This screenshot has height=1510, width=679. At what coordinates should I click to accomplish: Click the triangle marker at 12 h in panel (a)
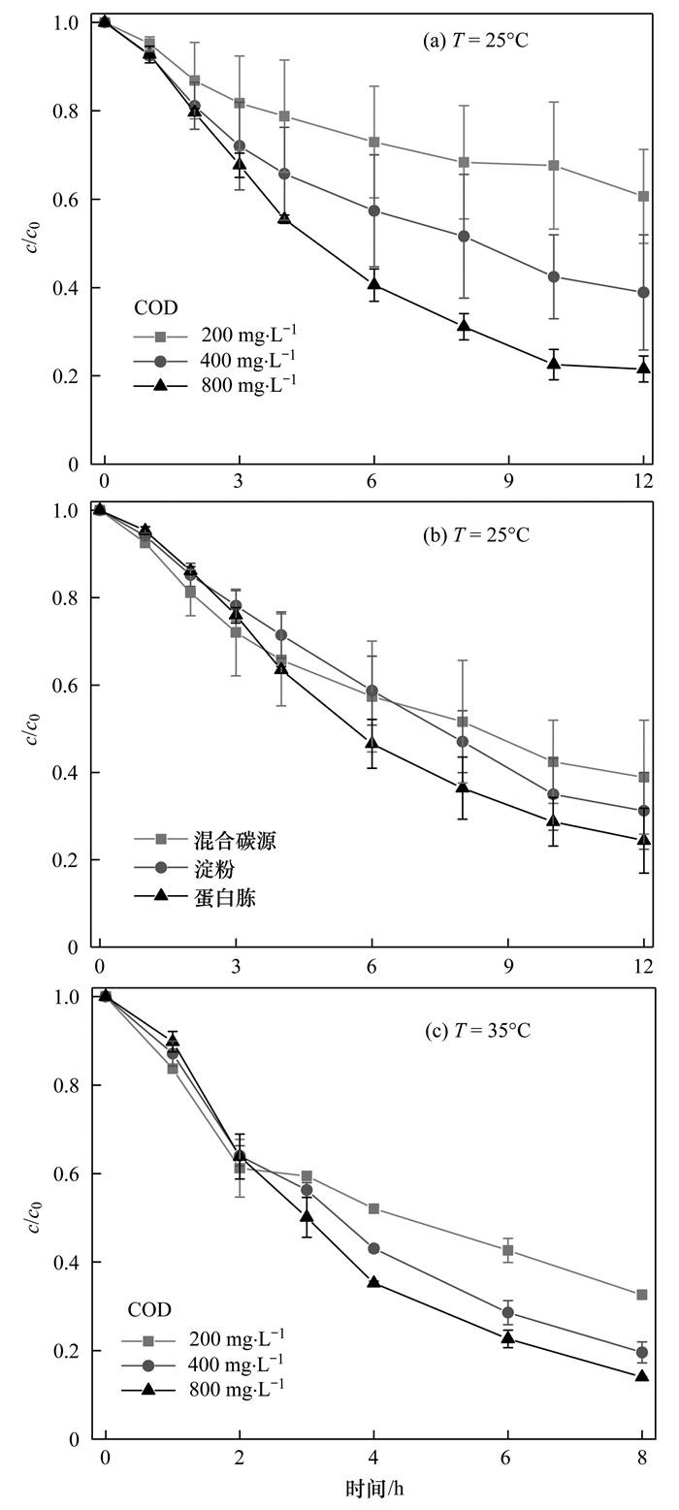click(x=643, y=368)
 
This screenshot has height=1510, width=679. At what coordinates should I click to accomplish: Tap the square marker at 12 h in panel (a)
click(x=643, y=196)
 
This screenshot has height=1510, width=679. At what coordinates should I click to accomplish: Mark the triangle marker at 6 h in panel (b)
click(x=372, y=743)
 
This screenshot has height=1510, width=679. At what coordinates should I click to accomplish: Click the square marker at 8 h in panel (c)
click(x=642, y=1295)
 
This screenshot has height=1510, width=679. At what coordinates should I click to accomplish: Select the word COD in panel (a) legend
click(x=154, y=307)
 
